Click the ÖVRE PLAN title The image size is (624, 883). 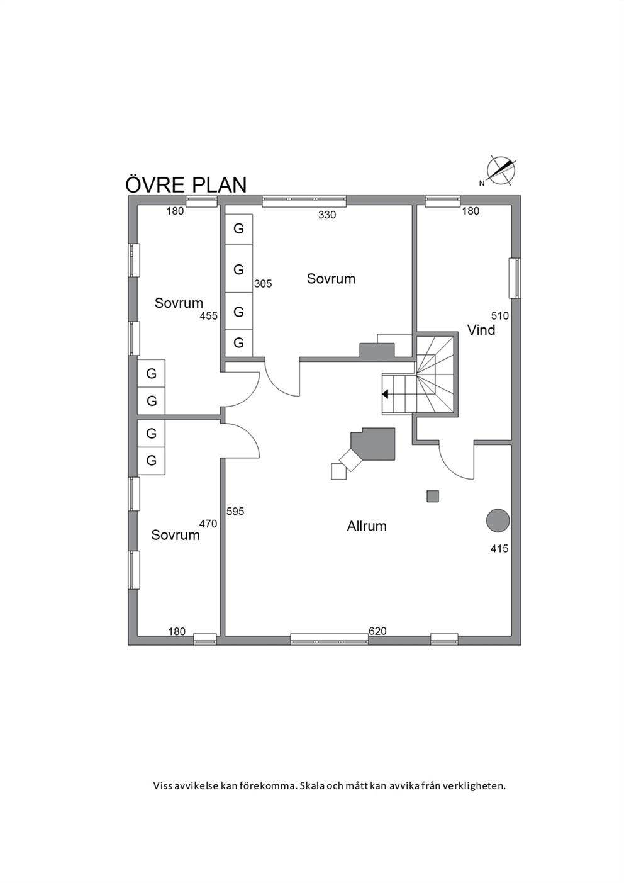[186, 184]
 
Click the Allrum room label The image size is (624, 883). [366, 526]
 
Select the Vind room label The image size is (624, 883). [481, 330]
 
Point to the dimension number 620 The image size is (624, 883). [377, 631]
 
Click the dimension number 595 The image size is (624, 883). [235, 512]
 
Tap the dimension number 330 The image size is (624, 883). [327, 215]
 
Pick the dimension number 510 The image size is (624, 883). [500, 316]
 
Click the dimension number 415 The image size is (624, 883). [499, 548]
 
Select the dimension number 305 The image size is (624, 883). [263, 283]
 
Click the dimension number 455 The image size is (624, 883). [209, 316]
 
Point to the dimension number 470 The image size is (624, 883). [208, 524]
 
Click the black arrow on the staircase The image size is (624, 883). [385, 394]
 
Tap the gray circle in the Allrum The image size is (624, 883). [498, 520]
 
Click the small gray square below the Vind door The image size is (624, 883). [433, 497]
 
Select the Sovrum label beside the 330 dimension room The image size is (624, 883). [331, 279]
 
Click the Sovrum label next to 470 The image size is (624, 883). [175, 535]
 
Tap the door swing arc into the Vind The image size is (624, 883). [450, 468]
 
